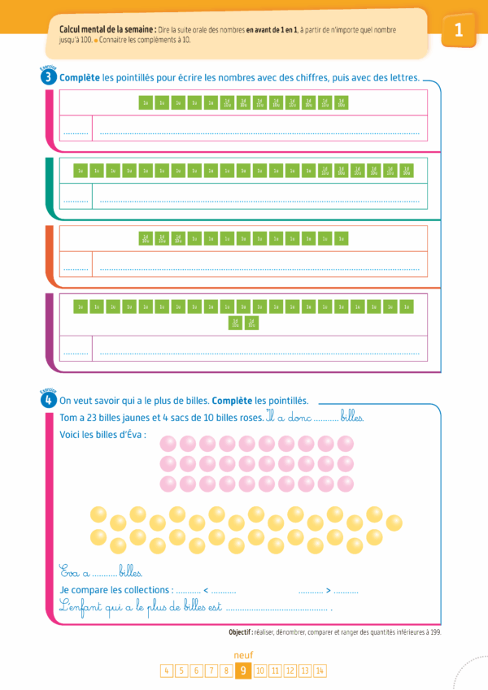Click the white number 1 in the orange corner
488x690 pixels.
[x=459, y=30]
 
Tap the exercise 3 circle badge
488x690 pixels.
[x=50, y=78]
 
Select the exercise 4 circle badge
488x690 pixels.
[x=50, y=400]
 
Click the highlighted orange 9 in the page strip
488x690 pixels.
[x=242, y=670]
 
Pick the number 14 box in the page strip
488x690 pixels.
[x=320, y=670]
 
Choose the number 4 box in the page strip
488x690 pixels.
[x=167, y=670]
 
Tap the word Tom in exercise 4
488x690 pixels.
[x=68, y=418]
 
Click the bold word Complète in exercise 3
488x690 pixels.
[x=81, y=78]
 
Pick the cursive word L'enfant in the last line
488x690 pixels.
[x=81, y=606]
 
